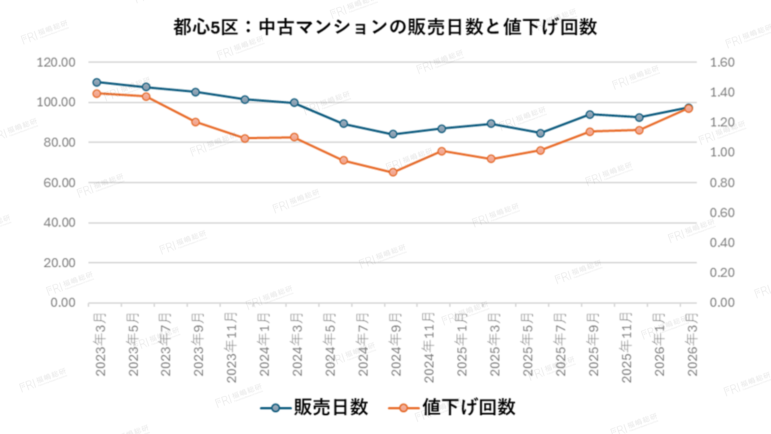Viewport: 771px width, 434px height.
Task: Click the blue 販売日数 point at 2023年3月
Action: pyautogui.click(x=97, y=82)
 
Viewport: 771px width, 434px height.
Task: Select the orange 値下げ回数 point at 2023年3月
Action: pyautogui.click(x=97, y=94)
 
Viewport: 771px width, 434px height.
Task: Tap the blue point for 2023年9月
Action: pyautogui.click(x=196, y=92)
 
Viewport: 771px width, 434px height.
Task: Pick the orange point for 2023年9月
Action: pyautogui.click(x=196, y=122)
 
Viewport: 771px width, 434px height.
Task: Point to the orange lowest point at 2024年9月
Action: pyautogui.click(x=393, y=172)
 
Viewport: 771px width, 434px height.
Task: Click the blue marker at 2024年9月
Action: pyautogui.click(x=393, y=134)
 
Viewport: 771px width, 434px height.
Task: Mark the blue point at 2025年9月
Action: pyautogui.click(x=590, y=115)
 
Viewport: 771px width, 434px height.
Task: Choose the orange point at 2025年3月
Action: pyautogui.click(x=491, y=159)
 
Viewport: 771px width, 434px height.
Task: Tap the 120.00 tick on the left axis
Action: pyautogui.click(x=56, y=62)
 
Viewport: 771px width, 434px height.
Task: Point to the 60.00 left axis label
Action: pyautogui.click(x=59, y=183)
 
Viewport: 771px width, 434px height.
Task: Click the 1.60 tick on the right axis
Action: pyautogui.click(x=722, y=62)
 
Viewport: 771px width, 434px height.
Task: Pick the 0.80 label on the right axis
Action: pyautogui.click(x=722, y=183)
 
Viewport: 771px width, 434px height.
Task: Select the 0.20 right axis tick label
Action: pyautogui.click(x=722, y=272)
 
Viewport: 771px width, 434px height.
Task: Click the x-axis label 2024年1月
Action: pyautogui.click(x=264, y=345)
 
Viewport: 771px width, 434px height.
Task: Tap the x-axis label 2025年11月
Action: pyautogui.click(x=626, y=348)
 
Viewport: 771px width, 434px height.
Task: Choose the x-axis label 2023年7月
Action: pyautogui.click(x=165, y=345)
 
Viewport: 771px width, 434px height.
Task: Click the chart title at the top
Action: pyautogui.click(x=385, y=27)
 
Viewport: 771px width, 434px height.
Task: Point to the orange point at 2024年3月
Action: pyautogui.click(x=294, y=137)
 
